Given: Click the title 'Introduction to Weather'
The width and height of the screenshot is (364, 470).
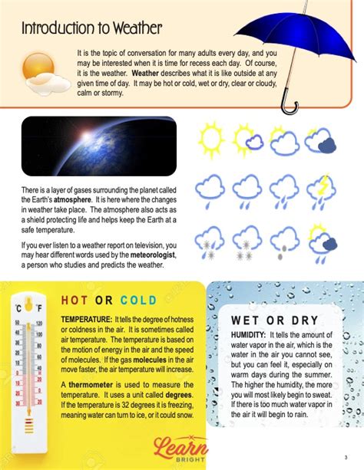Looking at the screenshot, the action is pyautogui.click(x=91, y=29).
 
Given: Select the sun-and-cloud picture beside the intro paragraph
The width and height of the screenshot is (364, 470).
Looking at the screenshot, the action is pyautogui.click(x=38, y=71).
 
